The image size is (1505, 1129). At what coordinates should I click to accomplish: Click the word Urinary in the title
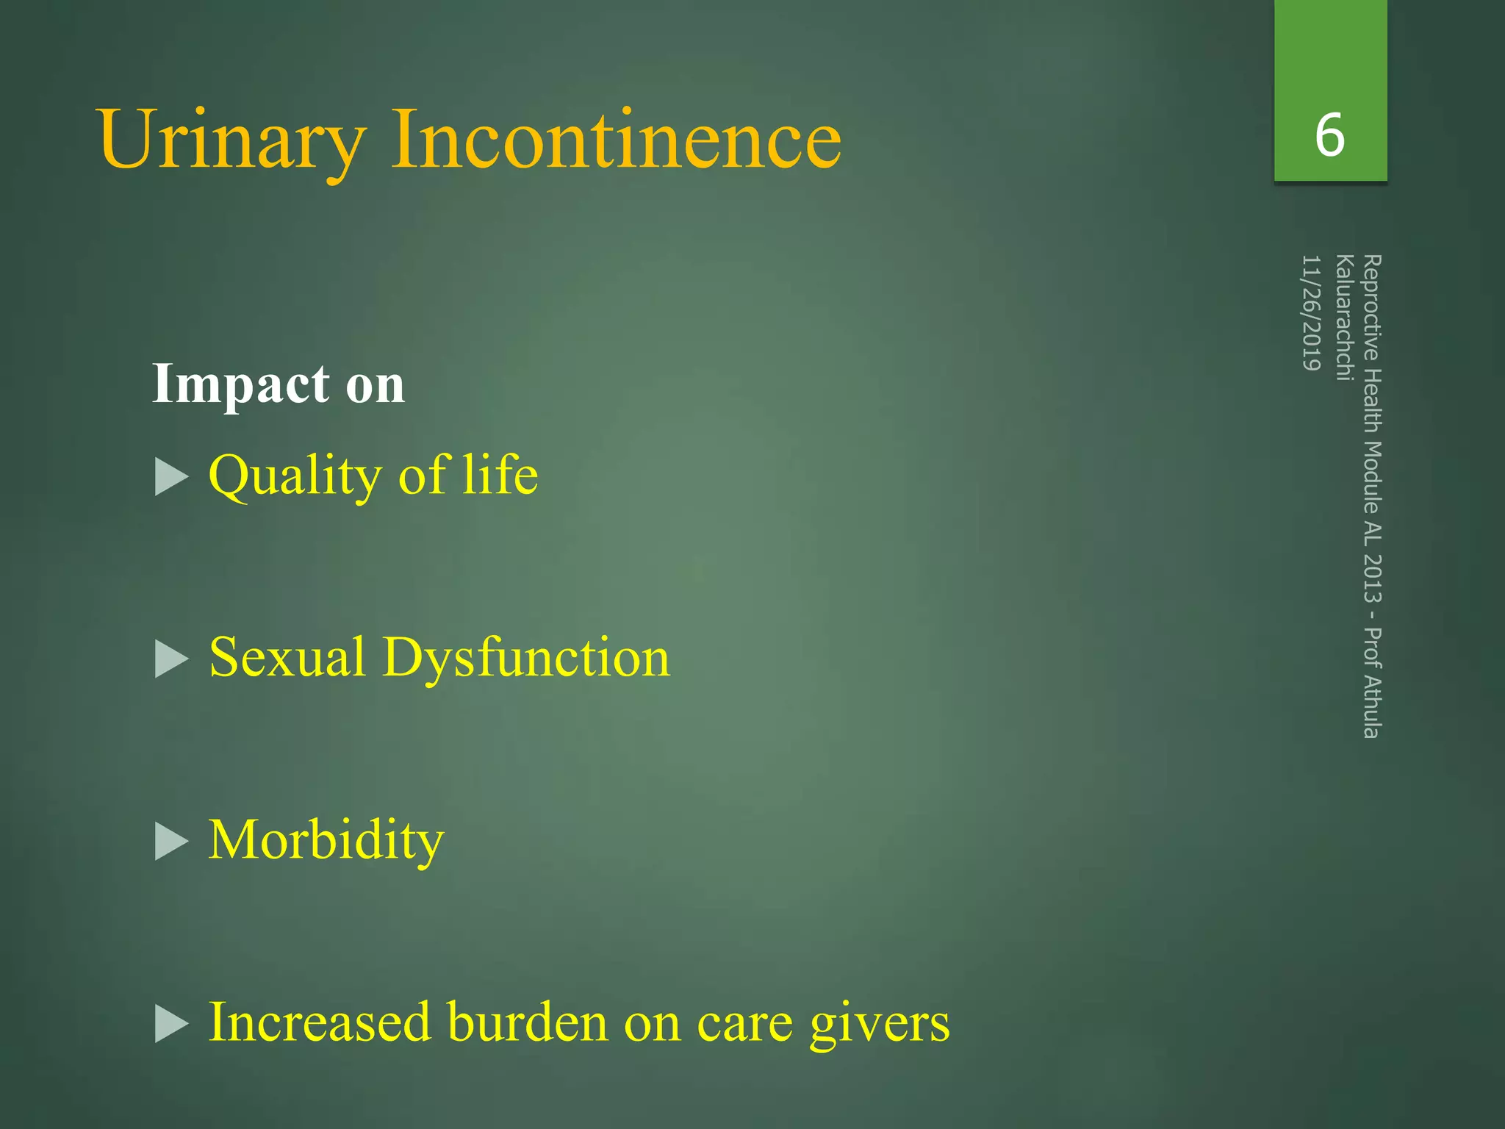point(231,140)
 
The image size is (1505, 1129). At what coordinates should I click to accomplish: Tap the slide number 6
point(1330,135)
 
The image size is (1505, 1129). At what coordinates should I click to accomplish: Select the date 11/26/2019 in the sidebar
point(1312,312)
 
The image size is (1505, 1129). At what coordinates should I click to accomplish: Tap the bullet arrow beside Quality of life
point(172,478)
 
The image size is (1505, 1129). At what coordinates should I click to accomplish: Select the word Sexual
point(287,657)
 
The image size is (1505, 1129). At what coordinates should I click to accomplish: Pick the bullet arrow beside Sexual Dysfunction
point(172,659)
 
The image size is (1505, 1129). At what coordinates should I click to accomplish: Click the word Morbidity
point(326,840)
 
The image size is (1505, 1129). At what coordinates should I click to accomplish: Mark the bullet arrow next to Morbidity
point(172,842)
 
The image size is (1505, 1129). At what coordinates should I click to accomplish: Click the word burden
point(528,1022)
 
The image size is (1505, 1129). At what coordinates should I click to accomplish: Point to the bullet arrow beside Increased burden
point(172,1025)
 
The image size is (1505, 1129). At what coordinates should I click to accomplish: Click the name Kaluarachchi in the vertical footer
point(1344,318)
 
